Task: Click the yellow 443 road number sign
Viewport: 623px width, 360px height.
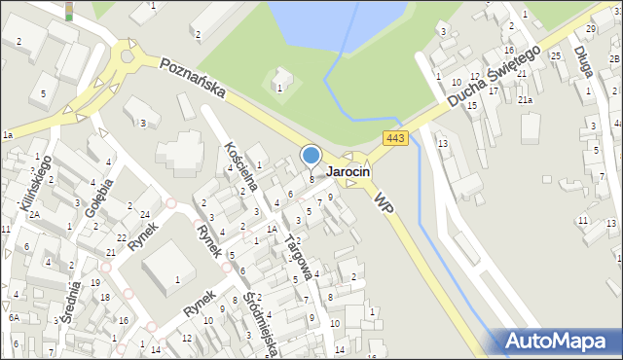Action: (x=394, y=139)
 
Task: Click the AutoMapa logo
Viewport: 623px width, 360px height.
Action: (x=559, y=341)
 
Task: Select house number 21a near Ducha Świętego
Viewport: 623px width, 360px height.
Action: (x=526, y=100)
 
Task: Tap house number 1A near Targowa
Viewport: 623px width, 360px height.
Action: (x=274, y=229)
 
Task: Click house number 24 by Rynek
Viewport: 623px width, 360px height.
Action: (x=144, y=214)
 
